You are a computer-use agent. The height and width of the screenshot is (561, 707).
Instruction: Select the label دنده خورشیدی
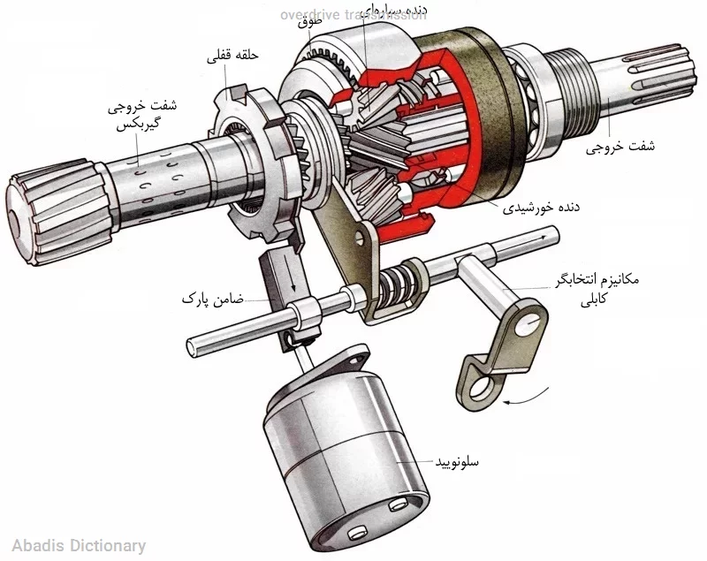tap(541, 208)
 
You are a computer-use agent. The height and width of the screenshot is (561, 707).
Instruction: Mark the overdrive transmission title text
tap(353, 15)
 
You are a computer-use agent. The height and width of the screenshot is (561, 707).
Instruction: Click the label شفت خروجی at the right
tap(623, 148)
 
